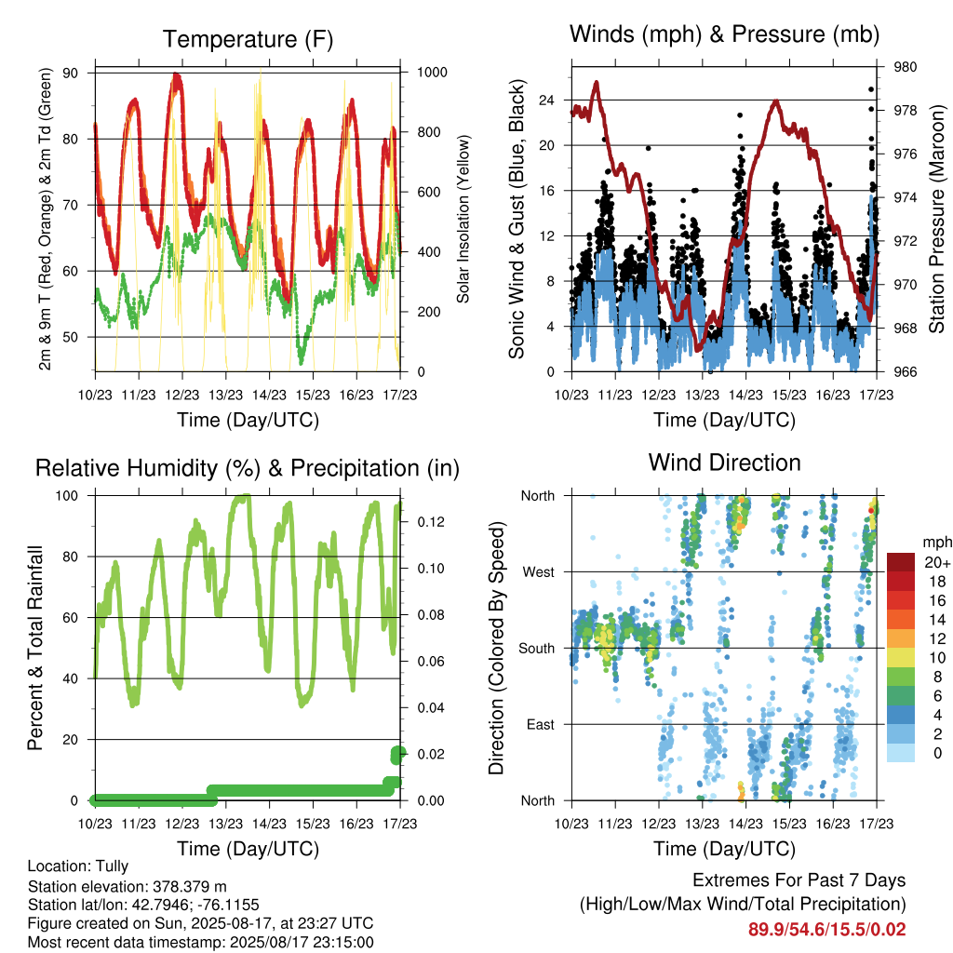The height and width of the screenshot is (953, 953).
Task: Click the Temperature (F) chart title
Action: click(x=248, y=39)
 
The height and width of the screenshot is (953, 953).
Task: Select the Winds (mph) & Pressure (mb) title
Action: click(x=724, y=34)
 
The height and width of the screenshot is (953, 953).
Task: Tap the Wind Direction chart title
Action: click(x=724, y=463)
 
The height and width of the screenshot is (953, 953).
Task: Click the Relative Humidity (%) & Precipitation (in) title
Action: click(x=248, y=469)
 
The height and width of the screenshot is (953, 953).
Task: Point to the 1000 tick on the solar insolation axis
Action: click(x=432, y=73)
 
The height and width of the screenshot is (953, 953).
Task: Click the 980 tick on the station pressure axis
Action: click(x=905, y=67)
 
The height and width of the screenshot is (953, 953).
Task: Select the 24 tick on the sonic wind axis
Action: click(x=547, y=101)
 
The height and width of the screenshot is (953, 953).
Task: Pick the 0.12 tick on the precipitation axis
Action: click(x=431, y=522)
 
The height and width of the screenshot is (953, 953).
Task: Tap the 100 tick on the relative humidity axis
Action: click(x=67, y=496)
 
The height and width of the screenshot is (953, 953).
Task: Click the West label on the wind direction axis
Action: click(x=539, y=572)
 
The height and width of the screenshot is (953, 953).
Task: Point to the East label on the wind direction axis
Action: click(x=541, y=724)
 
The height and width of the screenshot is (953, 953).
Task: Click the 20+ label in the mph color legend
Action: click(x=937, y=563)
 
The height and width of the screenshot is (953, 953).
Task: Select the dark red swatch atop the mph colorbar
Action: click(x=901, y=562)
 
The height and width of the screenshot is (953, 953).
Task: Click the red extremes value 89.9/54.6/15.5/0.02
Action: click(x=826, y=930)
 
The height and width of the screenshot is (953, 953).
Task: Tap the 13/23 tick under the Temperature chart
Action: click(x=225, y=395)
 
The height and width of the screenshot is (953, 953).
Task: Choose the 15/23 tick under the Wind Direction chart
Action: click(x=789, y=824)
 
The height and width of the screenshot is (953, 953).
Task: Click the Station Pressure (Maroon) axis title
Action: click(x=936, y=219)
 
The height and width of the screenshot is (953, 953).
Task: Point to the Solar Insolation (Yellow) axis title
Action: click(x=463, y=219)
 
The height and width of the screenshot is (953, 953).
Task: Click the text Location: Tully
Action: click(x=78, y=866)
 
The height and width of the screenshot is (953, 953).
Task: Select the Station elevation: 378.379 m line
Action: click(x=127, y=887)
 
